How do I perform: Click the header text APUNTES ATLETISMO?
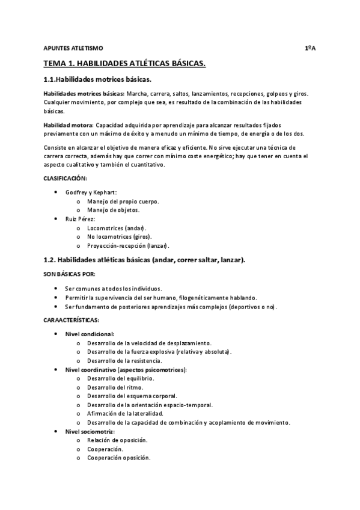(73, 47)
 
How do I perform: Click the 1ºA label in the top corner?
(310, 47)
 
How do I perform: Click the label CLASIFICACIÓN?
(65, 179)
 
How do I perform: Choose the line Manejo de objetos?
(113, 210)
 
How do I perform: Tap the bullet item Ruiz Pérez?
(81, 219)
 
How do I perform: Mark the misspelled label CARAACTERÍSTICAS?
(72, 321)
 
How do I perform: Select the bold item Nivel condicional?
(89, 334)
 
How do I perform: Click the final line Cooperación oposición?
(118, 458)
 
